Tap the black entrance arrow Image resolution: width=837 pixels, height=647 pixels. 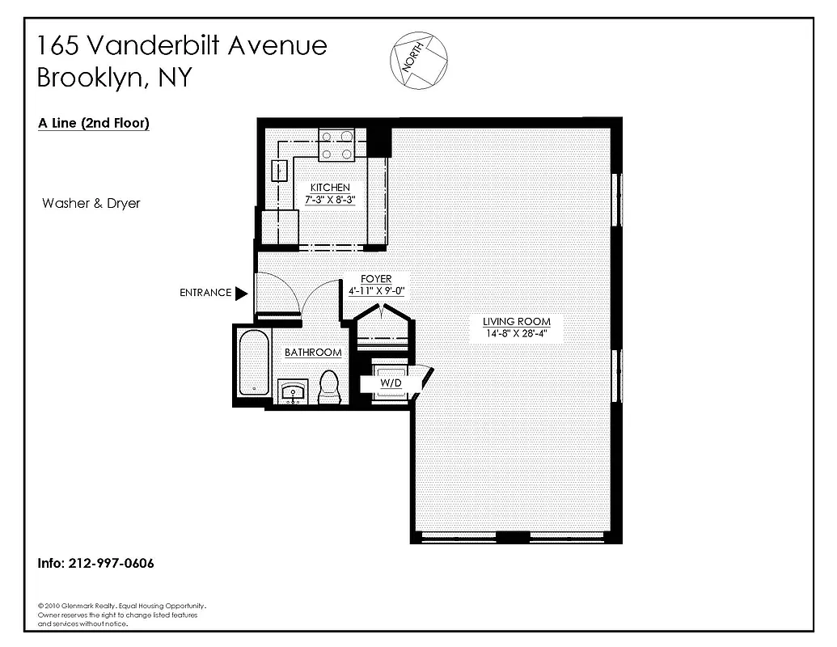pos(241,293)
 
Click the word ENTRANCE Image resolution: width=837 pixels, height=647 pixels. pos(205,293)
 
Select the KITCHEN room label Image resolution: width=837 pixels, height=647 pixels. pos(330,188)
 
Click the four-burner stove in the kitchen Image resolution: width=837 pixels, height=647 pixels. pos(336,145)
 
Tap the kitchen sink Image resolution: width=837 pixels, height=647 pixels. pos(279,171)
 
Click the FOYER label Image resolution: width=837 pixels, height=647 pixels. pos(376,280)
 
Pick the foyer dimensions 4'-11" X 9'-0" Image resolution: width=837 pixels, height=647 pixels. pos(376,291)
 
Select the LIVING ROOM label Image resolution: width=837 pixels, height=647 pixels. pos(516,321)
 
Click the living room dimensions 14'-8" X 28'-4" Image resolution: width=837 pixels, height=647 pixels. pos(516,332)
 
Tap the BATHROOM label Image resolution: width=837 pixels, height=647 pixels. pos(313,353)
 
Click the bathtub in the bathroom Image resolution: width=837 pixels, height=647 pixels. pos(253,362)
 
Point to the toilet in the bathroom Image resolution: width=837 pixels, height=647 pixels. pos(329,386)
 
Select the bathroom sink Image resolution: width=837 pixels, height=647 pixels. pos(292,392)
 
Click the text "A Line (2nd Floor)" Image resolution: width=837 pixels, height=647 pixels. pos(94,124)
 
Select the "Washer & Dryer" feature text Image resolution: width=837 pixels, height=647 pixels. pos(91,203)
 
